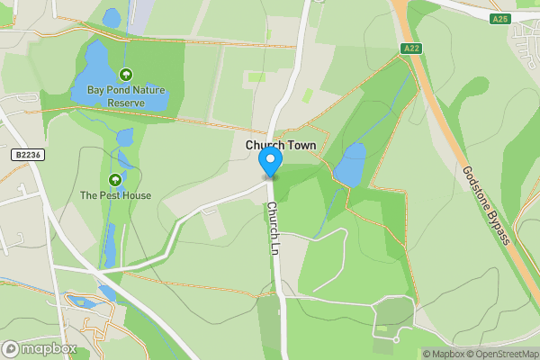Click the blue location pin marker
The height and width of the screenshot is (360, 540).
270,162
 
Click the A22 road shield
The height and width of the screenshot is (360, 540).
409,49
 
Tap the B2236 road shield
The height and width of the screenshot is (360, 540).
28,155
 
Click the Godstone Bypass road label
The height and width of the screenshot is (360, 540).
486,205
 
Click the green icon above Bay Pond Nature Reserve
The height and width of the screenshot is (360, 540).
126,76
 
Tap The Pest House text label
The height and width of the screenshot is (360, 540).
115,195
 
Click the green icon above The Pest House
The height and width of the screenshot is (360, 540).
115,179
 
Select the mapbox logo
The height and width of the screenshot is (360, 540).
40,348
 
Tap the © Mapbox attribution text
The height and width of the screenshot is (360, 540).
443,354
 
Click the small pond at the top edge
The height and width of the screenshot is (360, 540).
112,17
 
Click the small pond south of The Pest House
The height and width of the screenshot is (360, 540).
110,243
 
